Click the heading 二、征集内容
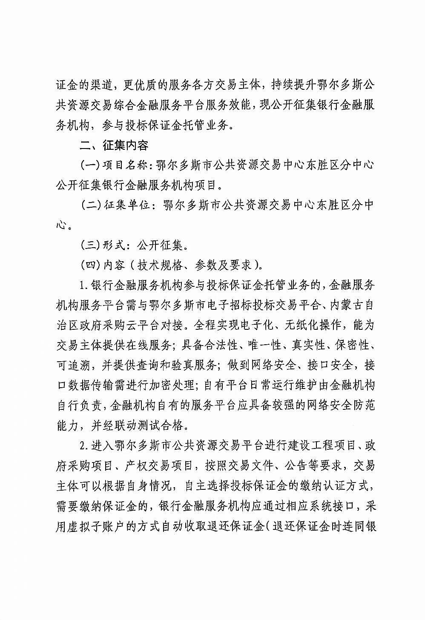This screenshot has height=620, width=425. click(114, 145)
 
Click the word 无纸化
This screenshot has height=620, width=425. click(304, 326)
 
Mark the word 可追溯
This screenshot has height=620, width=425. click(72, 366)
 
